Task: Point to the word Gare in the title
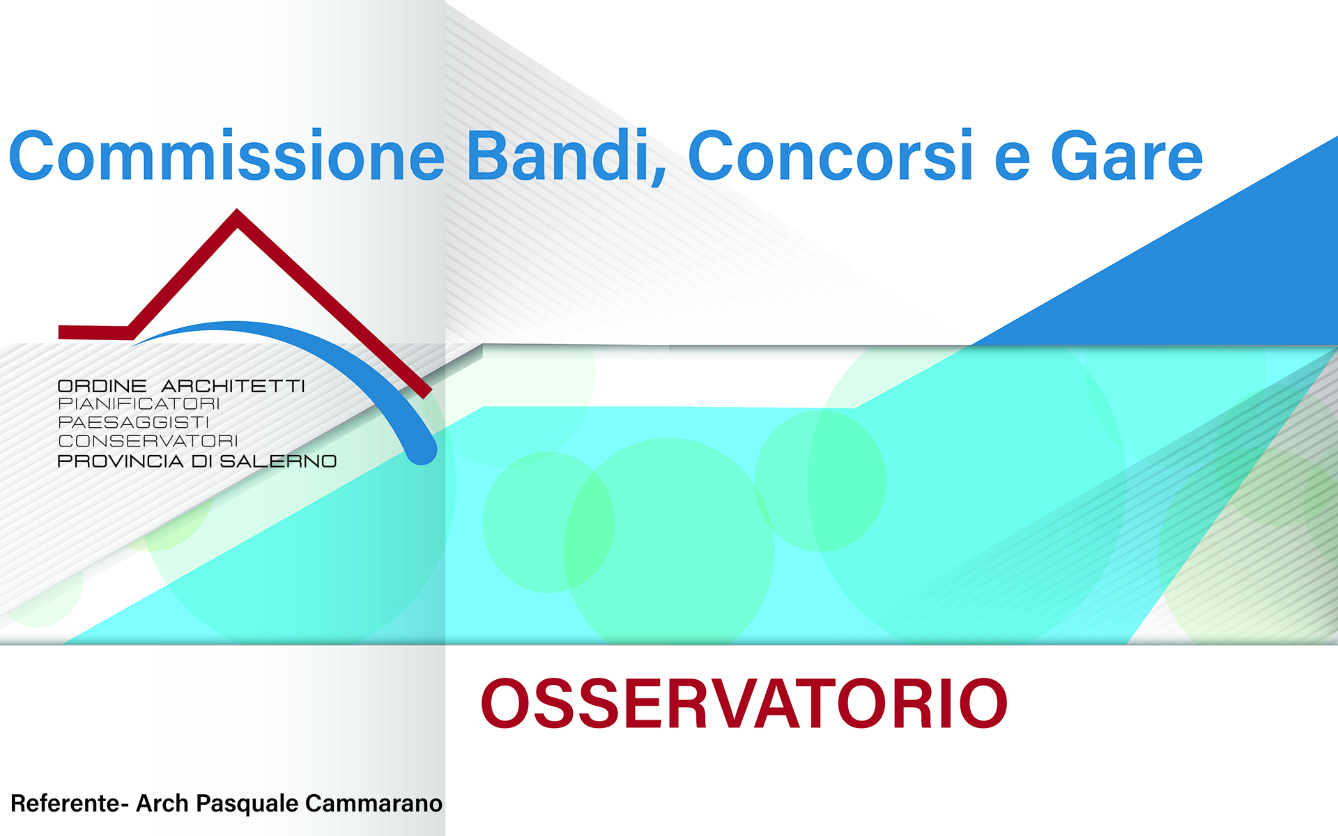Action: coord(1127,156)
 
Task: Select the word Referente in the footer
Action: coord(66,803)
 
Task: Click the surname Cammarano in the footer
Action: coord(374,803)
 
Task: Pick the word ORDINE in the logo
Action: coord(102,386)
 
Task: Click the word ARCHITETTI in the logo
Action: coord(233,386)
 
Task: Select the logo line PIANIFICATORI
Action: coord(139,403)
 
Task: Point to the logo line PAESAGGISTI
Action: coord(133,422)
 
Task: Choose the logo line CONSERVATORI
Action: coord(148,441)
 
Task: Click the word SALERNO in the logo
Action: coord(278,461)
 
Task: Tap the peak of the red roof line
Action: coord(237,210)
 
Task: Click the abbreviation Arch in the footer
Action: coord(162,803)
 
